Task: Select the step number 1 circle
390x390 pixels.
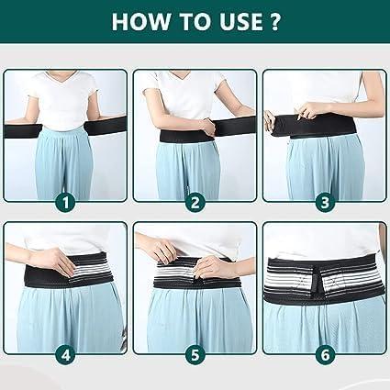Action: [65, 201]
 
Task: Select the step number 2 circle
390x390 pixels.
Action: [194, 201]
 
